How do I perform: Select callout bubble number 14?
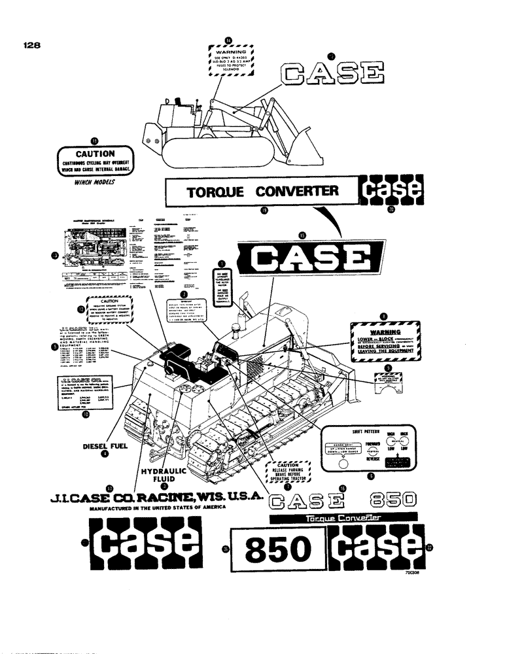228,40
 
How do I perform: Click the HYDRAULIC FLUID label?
164,475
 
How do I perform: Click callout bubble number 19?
264,211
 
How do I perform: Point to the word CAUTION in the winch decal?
96,154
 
